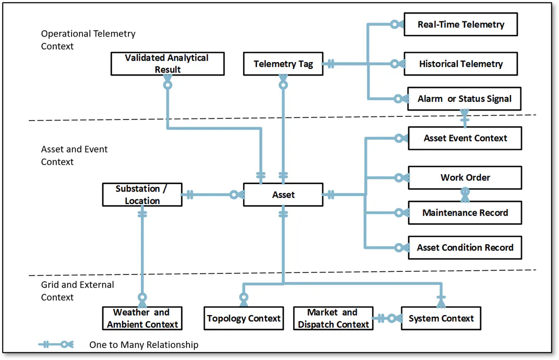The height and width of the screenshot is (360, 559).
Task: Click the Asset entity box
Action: click(x=283, y=195)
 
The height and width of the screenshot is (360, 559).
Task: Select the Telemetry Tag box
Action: click(x=283, y=64)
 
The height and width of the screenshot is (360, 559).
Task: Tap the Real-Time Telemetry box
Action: click(x=460, y=24)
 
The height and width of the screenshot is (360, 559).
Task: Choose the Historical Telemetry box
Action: click(x=460, y=64)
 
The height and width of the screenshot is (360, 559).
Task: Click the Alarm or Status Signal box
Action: click(x=464, y=99)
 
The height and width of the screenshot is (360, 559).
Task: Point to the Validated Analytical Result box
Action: click(x=168, y=64)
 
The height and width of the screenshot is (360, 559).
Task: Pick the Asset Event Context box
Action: click(x=465, y=138)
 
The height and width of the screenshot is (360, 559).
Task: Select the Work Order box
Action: click(x=465, y=177)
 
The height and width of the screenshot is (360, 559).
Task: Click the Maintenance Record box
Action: click(x=465, y=213)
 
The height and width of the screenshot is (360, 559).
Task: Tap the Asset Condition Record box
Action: click(x=465, y=248)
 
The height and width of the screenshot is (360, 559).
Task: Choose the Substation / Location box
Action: click(x=142, y=195)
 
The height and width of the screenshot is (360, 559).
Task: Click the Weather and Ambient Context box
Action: click(x=142, y=318)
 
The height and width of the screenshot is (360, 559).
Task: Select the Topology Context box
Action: click(x=244, y=318)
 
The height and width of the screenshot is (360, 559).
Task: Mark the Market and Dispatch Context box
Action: click(x=334, y=318)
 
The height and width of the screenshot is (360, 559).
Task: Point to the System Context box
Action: click(x=441, y=318)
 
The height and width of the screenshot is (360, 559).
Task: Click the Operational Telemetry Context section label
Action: click(x=88, y=40)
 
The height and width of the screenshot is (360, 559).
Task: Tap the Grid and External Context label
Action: click(x=77, y=291)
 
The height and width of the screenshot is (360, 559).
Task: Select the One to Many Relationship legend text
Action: click(x=144, y=345)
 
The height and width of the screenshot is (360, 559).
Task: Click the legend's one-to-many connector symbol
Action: click(x=56, y=344)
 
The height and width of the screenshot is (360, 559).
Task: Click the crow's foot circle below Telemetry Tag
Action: click(x=283, y=85)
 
